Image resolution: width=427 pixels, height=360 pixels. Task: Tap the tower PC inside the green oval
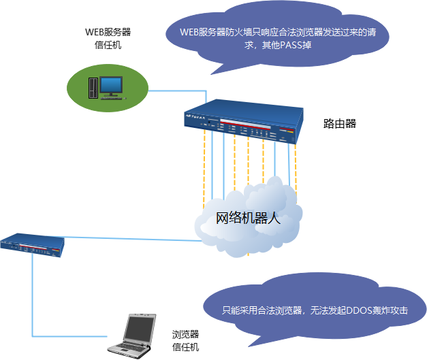pos(92,87)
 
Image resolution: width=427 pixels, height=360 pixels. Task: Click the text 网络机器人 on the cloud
pos(248,218)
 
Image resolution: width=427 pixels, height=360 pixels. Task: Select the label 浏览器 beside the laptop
pos(185,335)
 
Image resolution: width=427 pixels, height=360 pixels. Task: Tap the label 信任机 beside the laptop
pos(185,348)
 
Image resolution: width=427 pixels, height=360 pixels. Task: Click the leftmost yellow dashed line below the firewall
pos(204,170)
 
